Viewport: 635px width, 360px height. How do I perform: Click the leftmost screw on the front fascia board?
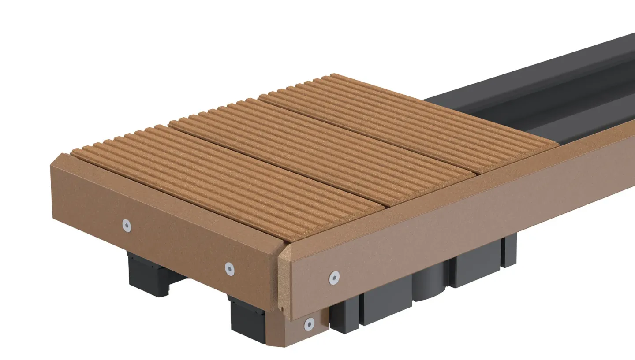[x=127, y=226]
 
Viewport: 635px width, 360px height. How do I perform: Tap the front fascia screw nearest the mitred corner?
[x=229, y=268]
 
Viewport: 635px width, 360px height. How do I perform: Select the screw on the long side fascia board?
[x=334, y=277]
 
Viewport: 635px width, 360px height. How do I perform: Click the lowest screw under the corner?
[x=310, y=325]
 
